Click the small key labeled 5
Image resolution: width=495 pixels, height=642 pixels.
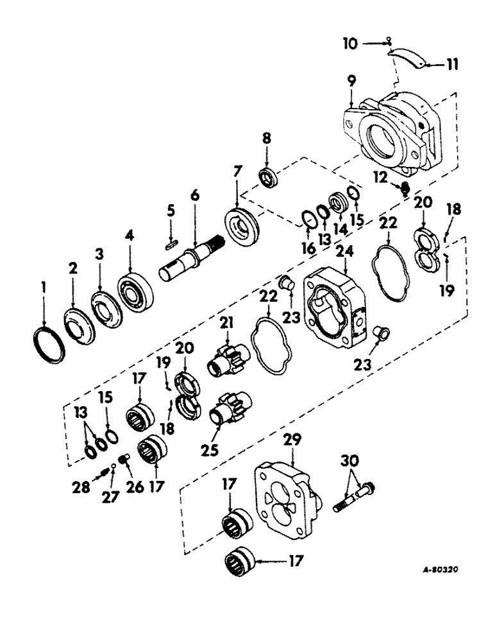[x=171, y=244]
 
